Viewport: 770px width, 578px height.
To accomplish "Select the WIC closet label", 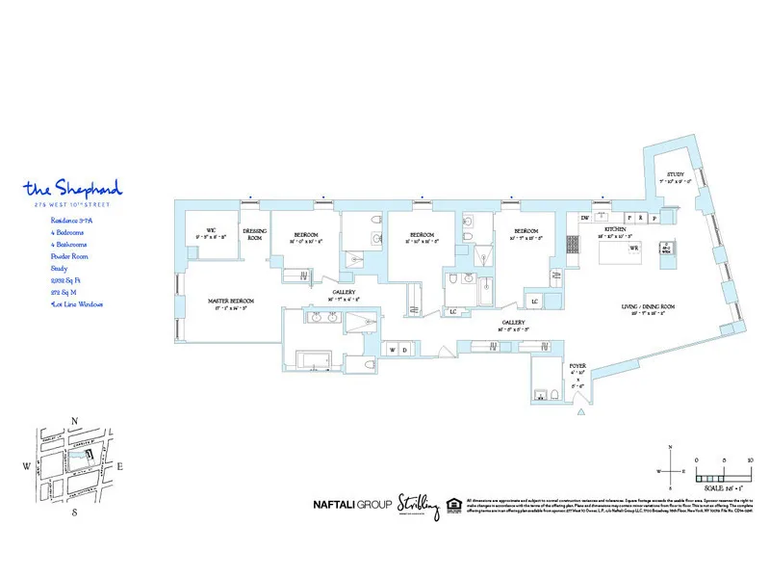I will point(210,232).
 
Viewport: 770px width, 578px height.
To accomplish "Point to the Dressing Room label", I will point(254,234).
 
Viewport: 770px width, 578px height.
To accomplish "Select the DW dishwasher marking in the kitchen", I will point(584,218).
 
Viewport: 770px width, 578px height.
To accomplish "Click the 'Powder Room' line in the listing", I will point(70,256).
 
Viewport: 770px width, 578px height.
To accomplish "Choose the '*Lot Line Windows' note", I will point(77,303).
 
